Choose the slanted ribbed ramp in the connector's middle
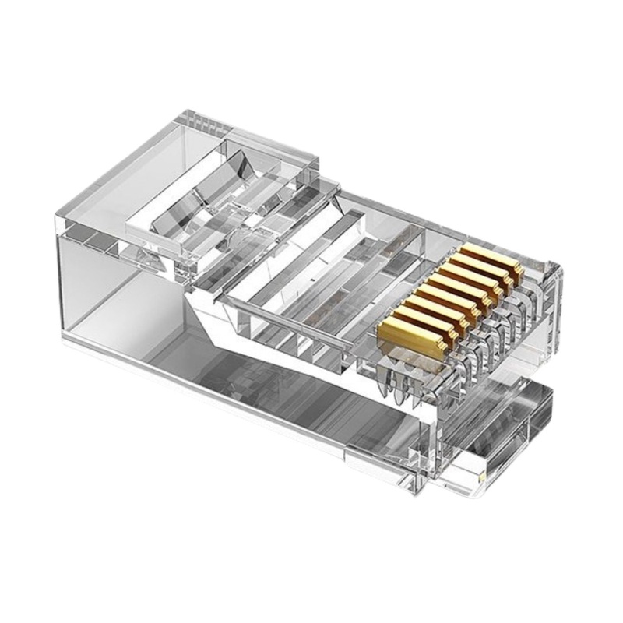pyautogui.click(x=311, y=257)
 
